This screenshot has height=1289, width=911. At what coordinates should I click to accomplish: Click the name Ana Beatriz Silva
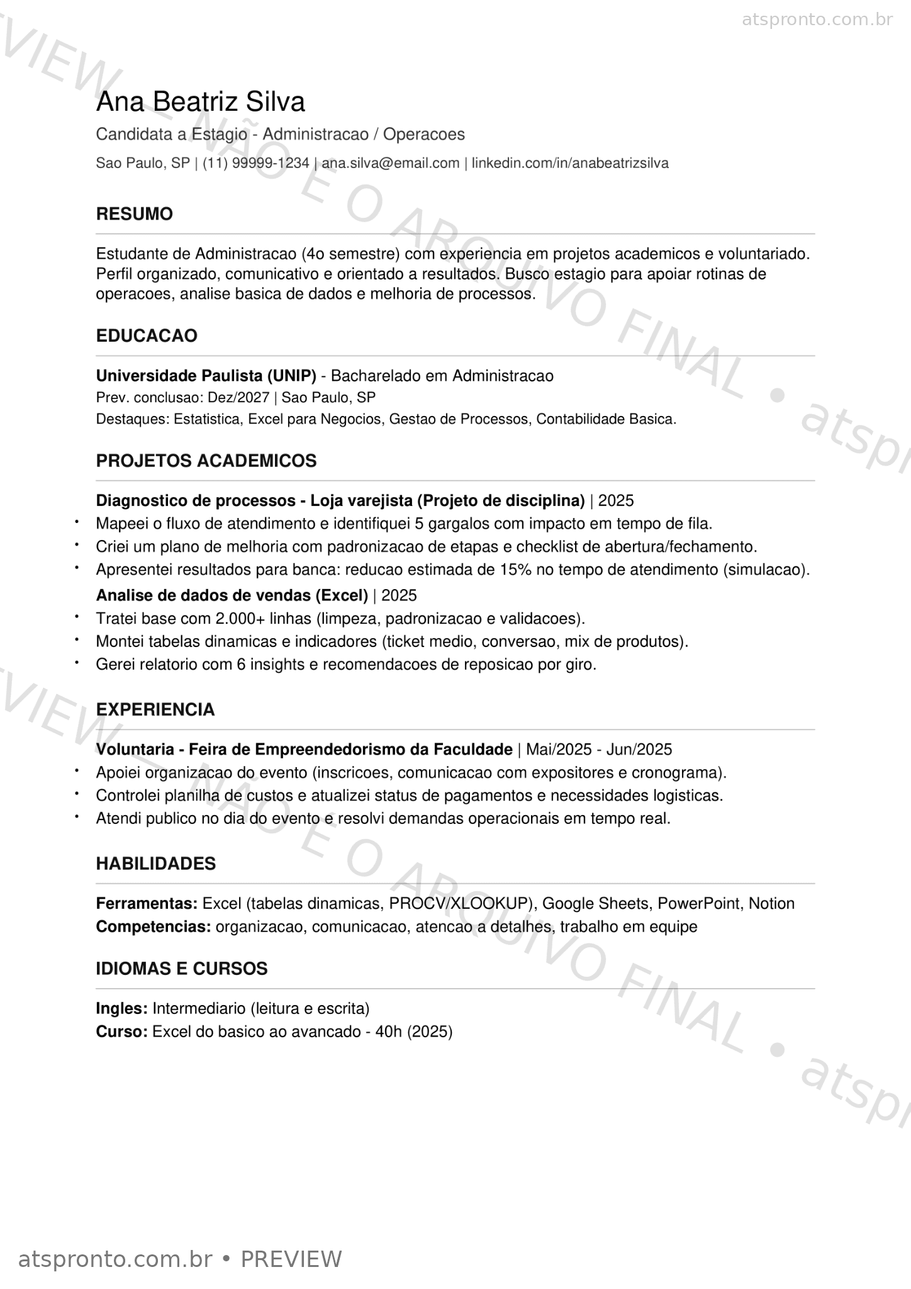[200, 102]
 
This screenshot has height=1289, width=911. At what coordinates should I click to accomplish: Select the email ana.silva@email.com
[391, 164]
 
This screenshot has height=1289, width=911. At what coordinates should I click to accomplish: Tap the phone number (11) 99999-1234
[256, 164]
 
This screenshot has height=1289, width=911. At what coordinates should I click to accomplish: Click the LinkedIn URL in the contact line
[570, 164]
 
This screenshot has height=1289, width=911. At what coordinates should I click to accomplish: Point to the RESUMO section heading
[134, 214]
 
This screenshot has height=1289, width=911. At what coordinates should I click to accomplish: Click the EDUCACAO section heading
[147, 336]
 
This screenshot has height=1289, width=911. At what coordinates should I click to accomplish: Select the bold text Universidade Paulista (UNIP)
[206, 376]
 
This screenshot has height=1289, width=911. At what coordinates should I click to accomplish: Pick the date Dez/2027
[238, 398]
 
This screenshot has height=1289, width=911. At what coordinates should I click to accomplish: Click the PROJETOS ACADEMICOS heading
[206, 461]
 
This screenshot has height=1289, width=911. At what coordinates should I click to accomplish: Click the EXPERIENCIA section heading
[155, 709]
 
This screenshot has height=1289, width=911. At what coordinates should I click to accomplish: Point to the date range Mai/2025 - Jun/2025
[599, 750]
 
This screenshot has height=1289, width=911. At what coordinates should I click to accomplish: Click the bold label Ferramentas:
[147, 904]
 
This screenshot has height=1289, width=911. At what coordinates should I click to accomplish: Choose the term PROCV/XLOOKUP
[459, 904]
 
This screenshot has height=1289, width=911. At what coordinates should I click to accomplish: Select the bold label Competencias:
[153, 927]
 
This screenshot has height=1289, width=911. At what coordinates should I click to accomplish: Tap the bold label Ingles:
[121, 1009]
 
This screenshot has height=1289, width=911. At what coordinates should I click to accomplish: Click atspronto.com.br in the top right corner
[817, 20]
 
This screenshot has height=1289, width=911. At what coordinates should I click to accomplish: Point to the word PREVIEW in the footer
[291, 1259]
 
